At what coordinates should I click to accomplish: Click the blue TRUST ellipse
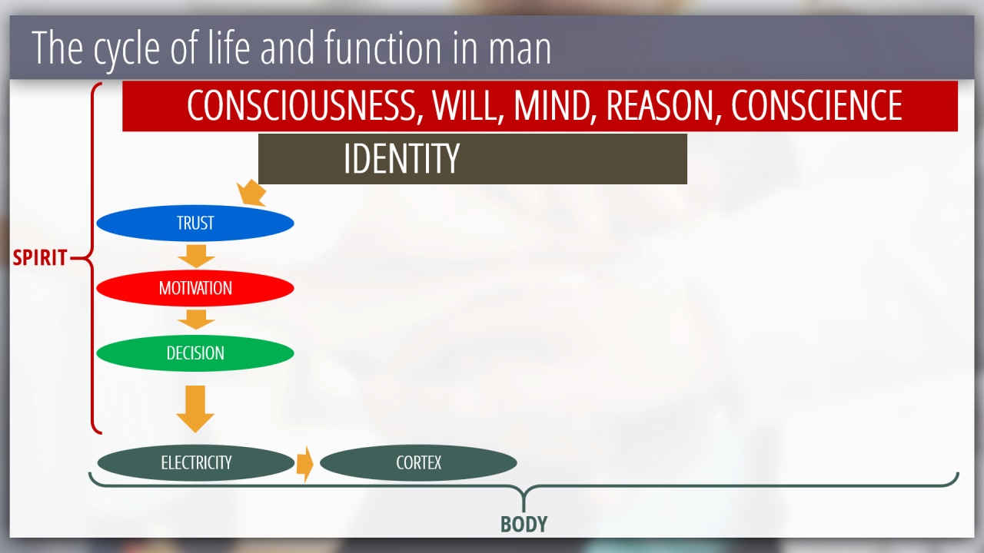[195, 223]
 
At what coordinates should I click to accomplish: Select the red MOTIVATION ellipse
[195, 288]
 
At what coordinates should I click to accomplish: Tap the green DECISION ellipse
[195, 353]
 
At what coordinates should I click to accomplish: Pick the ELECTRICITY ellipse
[196, 462]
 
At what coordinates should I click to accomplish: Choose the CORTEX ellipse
[418, 462]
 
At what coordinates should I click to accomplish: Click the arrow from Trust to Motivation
[196, 257]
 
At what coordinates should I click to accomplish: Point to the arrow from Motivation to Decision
[196, 320]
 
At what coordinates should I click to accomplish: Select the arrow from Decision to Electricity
[195, 409]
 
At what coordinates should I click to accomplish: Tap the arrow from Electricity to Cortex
[305, 464]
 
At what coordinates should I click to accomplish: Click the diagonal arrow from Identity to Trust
[251, 193]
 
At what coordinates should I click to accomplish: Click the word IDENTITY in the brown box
[401, 159]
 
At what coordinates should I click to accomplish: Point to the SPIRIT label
[39, 257]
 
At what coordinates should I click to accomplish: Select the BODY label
[524, 525]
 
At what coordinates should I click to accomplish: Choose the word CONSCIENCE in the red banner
[816, 105]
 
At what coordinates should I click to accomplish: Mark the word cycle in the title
[127, 49]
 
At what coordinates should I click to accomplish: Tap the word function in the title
[383, 47]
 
